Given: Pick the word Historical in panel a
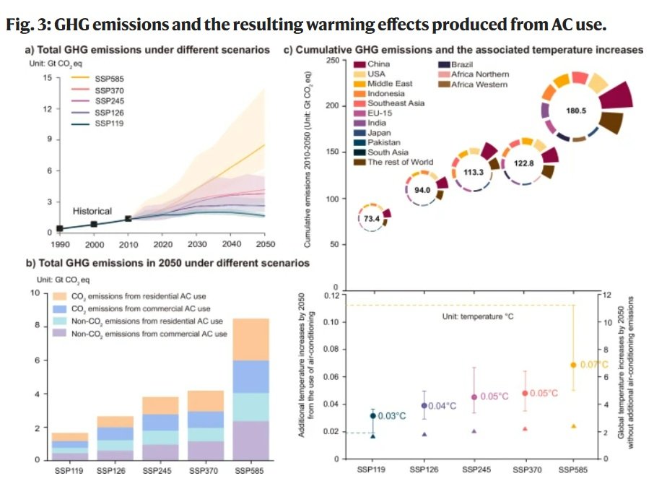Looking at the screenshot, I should coord(92,211).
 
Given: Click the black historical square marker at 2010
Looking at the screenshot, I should coord(128,218).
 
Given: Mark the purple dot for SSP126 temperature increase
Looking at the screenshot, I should coord(424,406).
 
